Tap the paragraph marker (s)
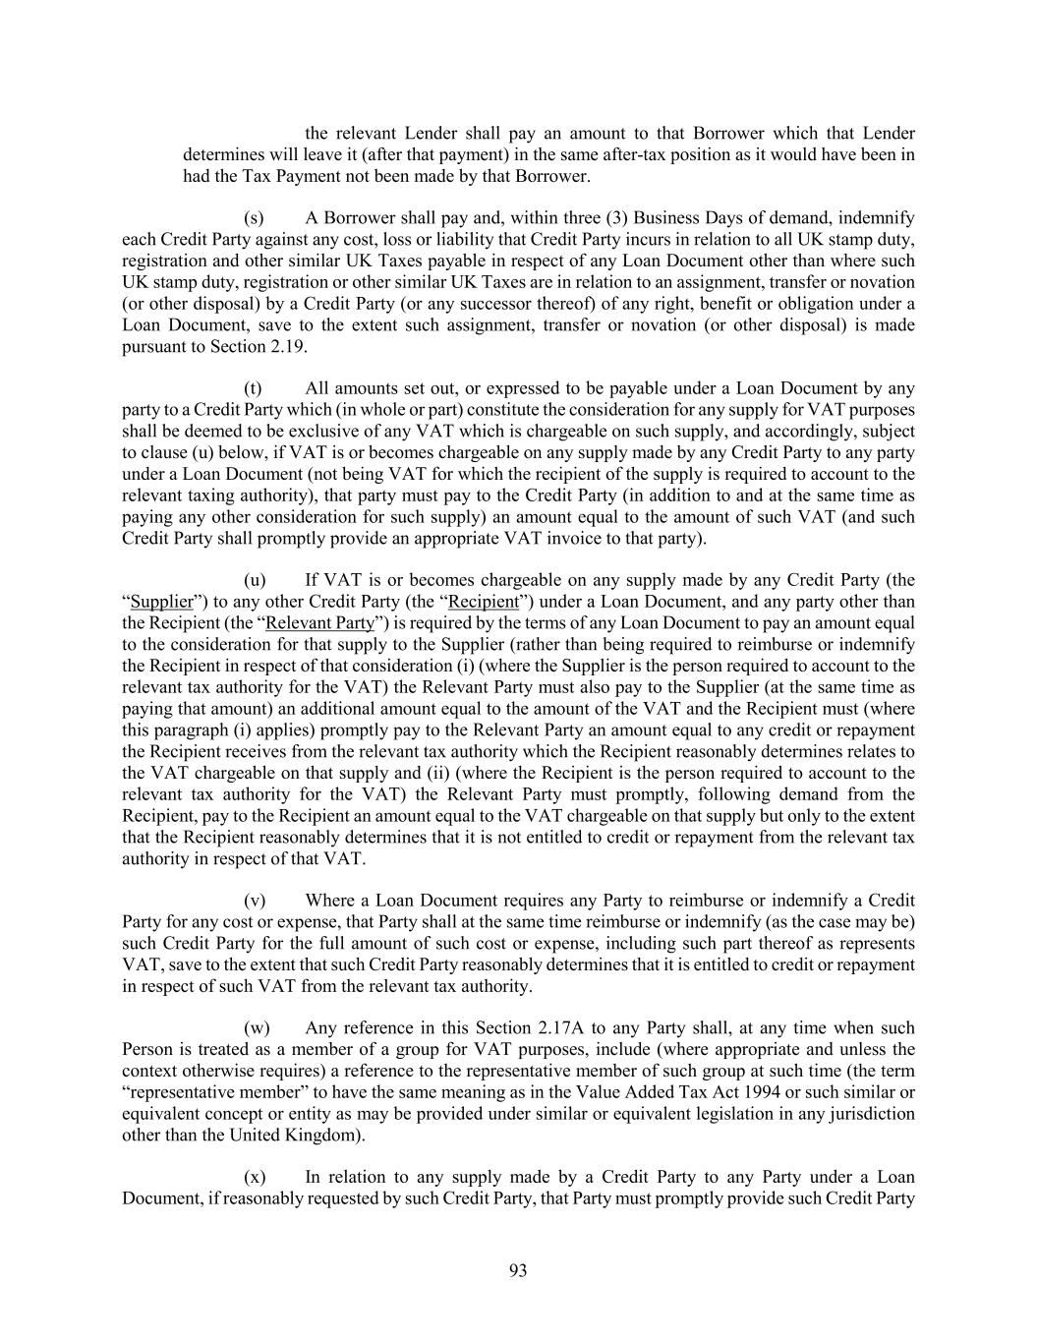click(254, 218)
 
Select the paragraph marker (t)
click(254, 388)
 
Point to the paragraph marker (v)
click(255, 901)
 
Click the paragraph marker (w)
click(256, 1028)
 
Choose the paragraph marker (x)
click(255, 1178)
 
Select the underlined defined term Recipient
click(483, 602)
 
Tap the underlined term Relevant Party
click(320, 623)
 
